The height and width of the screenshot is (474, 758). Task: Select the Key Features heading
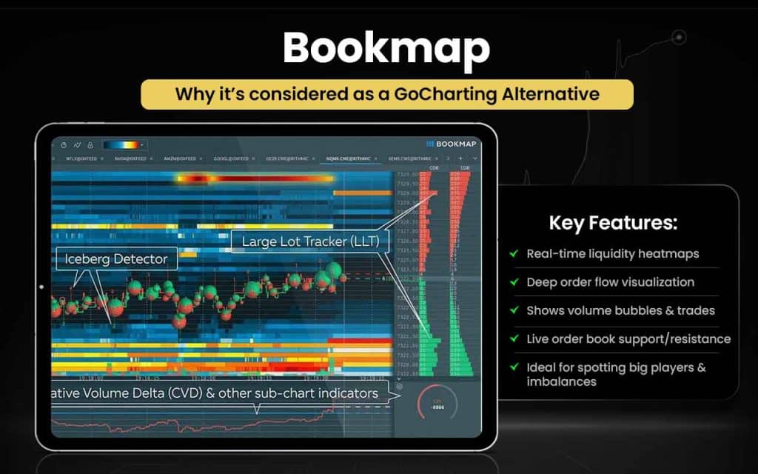click(x=613, y=223)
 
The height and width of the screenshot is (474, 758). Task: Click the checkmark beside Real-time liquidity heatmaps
click(x=513, y=253)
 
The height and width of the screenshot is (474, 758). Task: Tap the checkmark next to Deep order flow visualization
click(x=513, y=282)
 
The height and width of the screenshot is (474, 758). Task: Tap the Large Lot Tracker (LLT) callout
click(x=306, y=241)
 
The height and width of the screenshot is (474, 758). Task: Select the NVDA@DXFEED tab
click(x=131, y=158)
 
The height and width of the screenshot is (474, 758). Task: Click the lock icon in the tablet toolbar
click(x=90, y=145)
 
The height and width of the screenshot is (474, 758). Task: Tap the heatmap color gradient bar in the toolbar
click(x=123, y=145)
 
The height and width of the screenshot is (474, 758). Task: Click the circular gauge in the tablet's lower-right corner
click(x=437, y=404)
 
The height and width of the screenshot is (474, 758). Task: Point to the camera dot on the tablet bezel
click(x=41, y=287)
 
